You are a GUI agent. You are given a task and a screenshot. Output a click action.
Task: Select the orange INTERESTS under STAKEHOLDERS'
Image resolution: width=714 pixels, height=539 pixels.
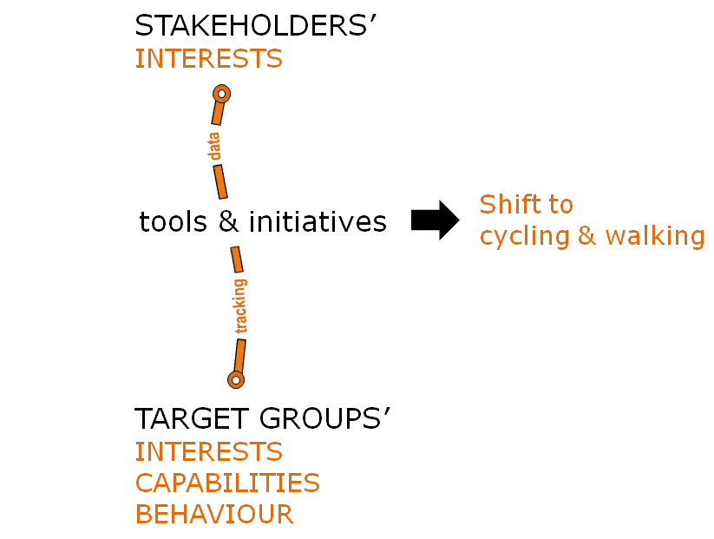[208, 59]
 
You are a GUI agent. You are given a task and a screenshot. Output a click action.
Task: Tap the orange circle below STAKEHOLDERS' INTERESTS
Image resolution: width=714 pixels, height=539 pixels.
[221, 94]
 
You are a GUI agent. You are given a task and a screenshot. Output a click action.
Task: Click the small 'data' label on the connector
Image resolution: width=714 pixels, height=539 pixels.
[214, 147]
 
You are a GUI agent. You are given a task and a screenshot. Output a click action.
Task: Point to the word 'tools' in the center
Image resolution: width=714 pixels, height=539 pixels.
[174, 222]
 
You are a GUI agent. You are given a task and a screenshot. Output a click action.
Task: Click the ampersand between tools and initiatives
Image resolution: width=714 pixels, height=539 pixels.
[228, 222]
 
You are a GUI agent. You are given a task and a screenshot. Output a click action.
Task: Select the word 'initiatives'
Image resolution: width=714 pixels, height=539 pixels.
[318, 222]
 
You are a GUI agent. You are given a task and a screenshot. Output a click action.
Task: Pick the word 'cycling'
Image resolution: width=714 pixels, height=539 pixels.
[526, 236]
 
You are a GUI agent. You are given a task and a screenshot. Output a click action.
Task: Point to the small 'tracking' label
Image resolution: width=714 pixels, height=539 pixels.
[240, 306]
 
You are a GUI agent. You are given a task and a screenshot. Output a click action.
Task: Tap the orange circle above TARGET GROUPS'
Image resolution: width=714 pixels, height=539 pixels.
[235, 379]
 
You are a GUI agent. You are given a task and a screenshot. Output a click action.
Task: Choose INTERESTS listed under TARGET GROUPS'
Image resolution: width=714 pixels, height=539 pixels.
[208, 451]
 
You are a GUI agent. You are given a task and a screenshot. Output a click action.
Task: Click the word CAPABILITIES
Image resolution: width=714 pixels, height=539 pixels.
[227, 483]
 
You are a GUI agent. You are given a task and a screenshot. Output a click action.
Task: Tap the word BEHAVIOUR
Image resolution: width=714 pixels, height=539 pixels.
[214, 514]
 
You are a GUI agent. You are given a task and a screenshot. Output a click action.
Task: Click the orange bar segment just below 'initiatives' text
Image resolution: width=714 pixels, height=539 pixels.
[236, 260]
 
